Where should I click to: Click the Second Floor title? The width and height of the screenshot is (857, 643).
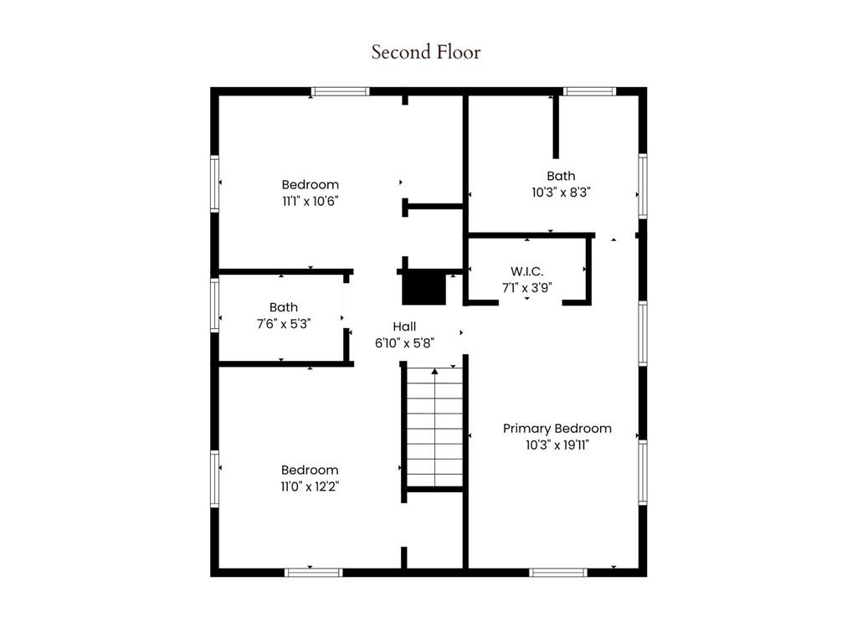tap(426, 52)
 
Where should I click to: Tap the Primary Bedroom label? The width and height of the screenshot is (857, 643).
tap(557, 429)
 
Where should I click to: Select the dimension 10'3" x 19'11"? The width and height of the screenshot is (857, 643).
tap(557, 445)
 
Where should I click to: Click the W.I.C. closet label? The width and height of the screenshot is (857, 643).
tap(527, 271)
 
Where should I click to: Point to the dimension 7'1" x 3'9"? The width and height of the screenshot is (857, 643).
tap(527, 287)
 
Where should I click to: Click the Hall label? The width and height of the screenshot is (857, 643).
tap(404, 327)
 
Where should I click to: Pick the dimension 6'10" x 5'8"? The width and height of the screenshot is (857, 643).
tap(404, 342)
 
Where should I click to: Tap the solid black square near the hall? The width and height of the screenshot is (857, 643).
tap(424, 289)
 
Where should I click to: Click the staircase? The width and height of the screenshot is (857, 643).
tap(434, 427)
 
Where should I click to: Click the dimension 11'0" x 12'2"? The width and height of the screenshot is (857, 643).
tap(310, 486)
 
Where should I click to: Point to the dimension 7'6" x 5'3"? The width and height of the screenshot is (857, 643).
tap(283, 324)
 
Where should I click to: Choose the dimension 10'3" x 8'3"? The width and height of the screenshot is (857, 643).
tap(561, 192)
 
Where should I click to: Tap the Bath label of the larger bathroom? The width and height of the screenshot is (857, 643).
tap(561, 176)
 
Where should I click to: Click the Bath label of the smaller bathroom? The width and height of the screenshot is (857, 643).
tap(283, 307)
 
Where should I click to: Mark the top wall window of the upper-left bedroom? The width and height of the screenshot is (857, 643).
tap(341, 91)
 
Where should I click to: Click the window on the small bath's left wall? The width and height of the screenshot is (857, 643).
tap(215, 306)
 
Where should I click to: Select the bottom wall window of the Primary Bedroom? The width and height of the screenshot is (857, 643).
tap(558, 573)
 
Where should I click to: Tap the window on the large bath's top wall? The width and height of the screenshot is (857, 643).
tap(589, 91)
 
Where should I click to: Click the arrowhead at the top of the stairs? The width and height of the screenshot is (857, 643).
tap(434, 371)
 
